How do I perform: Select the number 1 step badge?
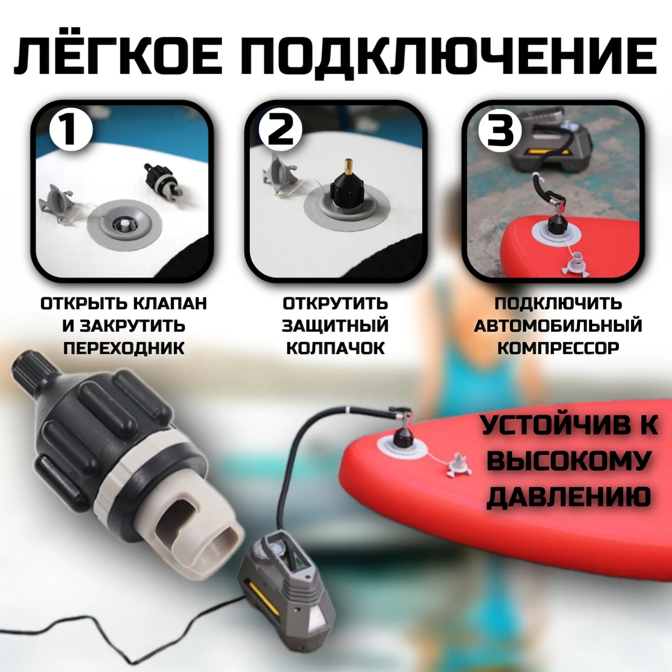point(71,130)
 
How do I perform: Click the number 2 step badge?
point(280,130)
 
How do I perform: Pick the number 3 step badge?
point(500,130)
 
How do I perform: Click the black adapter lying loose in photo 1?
point(164,182)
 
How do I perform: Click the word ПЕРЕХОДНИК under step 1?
point(124,348)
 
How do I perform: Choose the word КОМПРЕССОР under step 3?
point(558,348)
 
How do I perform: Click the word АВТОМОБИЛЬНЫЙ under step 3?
point(558,325)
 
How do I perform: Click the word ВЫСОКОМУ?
point(568,460)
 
